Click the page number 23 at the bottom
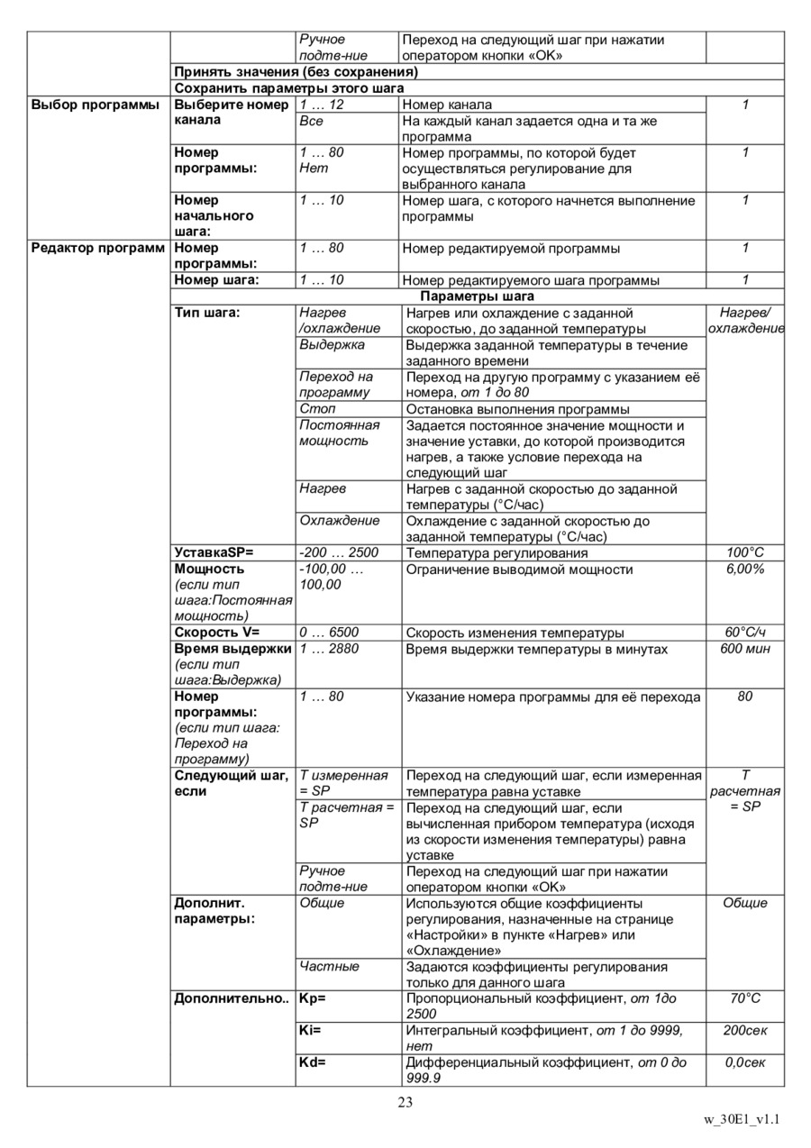(405, 1102)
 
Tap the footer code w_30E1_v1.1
(741, 1120)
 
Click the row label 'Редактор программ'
(97, 248)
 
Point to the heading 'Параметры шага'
(477, 296)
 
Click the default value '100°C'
(745, 552)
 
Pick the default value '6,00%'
(745, 569)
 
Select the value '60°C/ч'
(745, 633)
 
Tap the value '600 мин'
(745, 649)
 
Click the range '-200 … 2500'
(339, 552)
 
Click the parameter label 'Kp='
(312, 998)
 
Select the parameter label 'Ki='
(310, 1030)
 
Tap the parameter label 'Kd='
(312, 1062)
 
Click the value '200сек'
(745, 1030)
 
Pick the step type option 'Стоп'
(317, 409)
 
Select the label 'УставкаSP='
(214, 552)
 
